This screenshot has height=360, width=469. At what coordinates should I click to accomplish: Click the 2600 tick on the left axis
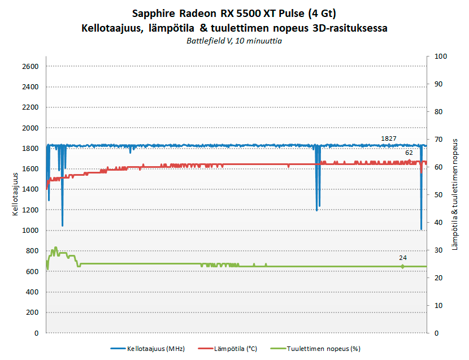tap(30, 67)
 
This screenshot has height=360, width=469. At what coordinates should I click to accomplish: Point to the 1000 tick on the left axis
tap(30, 231)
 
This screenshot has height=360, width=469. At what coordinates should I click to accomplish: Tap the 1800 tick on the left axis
tap(30, 149)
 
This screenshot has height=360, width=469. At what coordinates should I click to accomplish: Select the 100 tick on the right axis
tap(440, 56)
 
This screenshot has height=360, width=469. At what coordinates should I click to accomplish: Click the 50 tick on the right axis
tap(438, 194)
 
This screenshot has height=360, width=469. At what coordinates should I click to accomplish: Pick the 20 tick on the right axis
tap(438, 277)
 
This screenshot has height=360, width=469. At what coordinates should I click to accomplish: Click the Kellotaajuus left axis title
tap(15, 194)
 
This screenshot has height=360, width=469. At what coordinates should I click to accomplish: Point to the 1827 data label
tap(389, 138)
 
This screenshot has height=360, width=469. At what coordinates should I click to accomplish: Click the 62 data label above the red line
tap(409, 153)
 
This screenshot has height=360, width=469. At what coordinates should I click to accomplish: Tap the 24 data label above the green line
tap(402, 258)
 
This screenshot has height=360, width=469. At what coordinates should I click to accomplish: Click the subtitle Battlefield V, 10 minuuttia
tap(234, 41)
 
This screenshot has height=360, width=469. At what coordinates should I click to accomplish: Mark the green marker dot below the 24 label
tap(402, 266)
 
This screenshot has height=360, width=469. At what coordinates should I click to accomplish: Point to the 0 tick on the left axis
tap(36, 333)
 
